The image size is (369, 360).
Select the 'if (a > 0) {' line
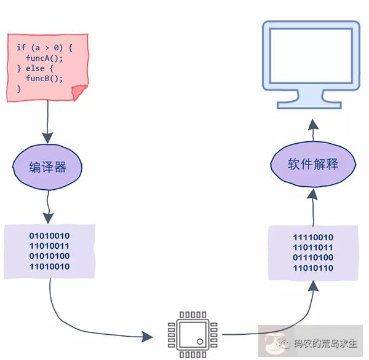(44, 47)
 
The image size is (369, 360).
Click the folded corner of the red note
(79, 93)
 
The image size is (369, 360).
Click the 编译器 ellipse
(47, 167)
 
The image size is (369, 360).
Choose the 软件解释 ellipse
(313, 165)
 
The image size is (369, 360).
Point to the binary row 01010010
(50, 235)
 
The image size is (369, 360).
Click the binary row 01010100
(50, 256)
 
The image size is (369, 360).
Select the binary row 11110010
(313, 237)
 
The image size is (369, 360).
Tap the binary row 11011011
(313, 248)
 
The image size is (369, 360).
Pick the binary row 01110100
(313, 258)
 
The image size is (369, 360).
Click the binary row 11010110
(313, 268)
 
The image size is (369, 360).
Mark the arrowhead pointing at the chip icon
(146, 337)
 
